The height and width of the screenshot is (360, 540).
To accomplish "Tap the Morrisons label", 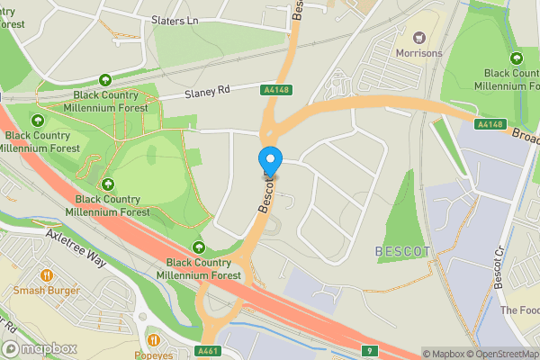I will click(418, 53).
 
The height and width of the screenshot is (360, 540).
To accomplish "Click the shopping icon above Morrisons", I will click(418, 37).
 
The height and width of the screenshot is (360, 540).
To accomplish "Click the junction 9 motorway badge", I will click(369, 350).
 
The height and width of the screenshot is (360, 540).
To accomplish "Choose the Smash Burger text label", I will click(46, 290).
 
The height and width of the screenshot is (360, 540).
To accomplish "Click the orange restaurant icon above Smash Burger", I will click(46, 274).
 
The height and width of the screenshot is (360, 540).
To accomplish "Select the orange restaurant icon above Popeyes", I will click(154, 340).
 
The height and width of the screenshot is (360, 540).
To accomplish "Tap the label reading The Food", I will click(519, 310).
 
